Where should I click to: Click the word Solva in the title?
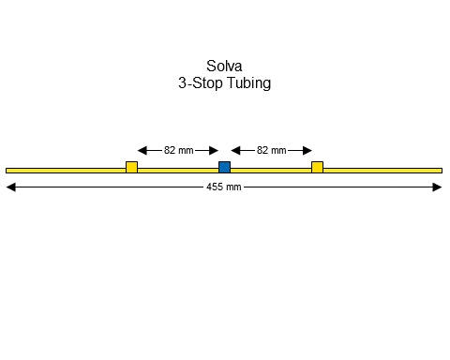(225, 67)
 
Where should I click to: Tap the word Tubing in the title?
(247, 83)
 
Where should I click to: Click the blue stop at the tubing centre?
(224, 167)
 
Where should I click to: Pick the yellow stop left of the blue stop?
(131, 167)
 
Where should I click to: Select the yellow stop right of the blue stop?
(318, 167)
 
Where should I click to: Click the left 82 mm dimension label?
(178, 150)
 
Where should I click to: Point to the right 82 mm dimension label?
(272, 150)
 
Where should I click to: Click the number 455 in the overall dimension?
(215, 187)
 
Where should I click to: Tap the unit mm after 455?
(233, 187)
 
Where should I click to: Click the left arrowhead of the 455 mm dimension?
(11, 187)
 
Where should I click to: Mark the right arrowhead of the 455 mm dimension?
(437, 187)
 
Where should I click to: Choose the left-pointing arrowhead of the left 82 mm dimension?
(142, 150)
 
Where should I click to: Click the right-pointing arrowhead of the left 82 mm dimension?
(214, 150)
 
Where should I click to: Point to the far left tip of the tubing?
(7, 171)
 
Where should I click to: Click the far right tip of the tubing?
(441, 171)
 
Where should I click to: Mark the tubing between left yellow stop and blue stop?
(178, 171)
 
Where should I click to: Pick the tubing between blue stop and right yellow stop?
(271, 171)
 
